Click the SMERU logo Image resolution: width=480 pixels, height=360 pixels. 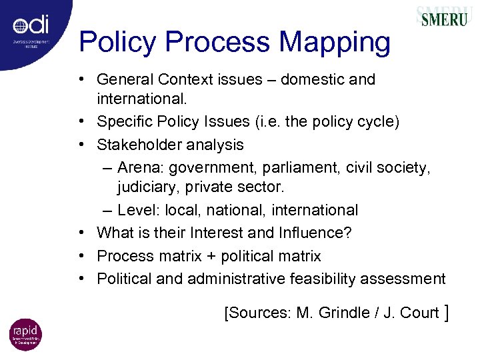point(443,19)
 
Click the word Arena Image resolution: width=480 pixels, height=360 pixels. point(138,167)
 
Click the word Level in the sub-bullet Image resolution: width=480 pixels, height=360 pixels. point(136,210)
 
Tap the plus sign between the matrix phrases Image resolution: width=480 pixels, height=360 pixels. point(198,256)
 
